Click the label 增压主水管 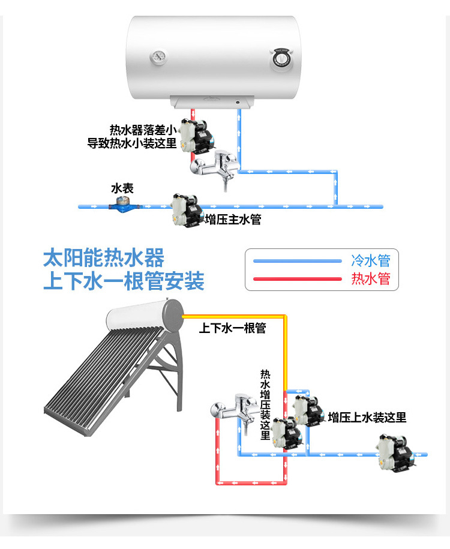[x=233, y=219]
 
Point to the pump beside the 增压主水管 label [x=186, y=211]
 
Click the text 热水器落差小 [x=143, y=130]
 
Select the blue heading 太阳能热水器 [x=103, y=259]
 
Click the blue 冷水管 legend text [x=370, y=260]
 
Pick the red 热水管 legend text [x=370, y=279]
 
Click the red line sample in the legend [x=296, y=279]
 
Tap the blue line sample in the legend [x=296, y=261]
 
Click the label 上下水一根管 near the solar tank [x=232, y=328]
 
